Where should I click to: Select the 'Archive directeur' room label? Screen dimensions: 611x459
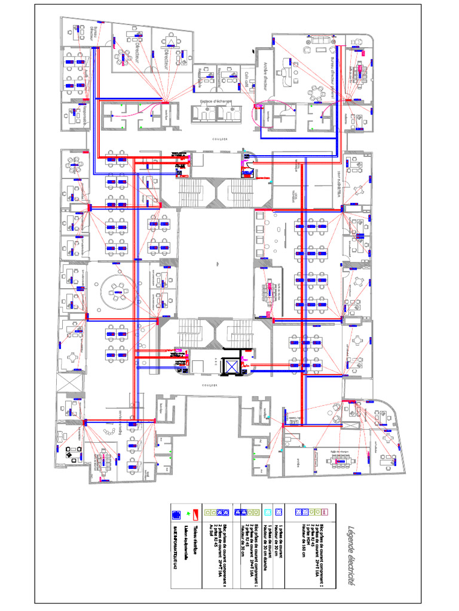(264, 78)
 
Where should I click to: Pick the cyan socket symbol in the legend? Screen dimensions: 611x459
(268, 513)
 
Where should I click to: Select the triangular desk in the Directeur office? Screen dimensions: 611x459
(170, 41)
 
